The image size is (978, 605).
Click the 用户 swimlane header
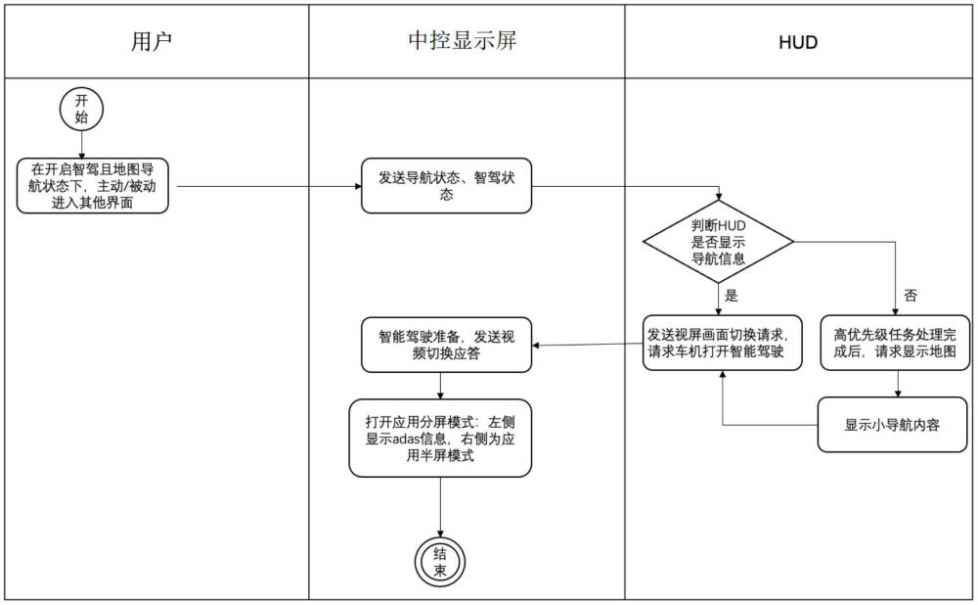[x=152, y=42]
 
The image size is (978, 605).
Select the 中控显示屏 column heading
[x=463, y=40]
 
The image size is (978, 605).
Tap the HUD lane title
[x=798, y=42]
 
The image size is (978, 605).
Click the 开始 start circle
[x=81, y=110]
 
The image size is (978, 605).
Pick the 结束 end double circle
[x=440, y=562]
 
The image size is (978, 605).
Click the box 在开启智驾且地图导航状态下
[x=92, y=186]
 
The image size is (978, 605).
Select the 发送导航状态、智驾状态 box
[x=447, y=186]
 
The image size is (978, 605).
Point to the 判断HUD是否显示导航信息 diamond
[x=719, y=242]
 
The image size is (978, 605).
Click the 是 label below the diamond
[x=731, y=296]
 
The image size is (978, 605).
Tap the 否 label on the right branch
[x=910, y=296]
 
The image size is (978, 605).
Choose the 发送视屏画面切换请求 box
[x=723, y=343]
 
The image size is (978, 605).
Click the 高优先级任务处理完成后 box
[x=895, y=343]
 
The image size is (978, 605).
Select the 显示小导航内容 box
[x=893, y=425]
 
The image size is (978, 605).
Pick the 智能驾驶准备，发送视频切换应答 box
[x=447, y=346]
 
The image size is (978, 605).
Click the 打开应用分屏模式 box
[x=440, y=439]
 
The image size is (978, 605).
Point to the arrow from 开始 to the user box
[x=81, y=145]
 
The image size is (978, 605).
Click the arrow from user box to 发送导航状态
[x=270, y=186]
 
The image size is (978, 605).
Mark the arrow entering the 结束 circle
[x=440, y=507]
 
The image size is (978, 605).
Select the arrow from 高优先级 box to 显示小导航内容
[x=898, y=384]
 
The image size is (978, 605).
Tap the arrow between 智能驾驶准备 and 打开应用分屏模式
[x=440, y=387]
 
